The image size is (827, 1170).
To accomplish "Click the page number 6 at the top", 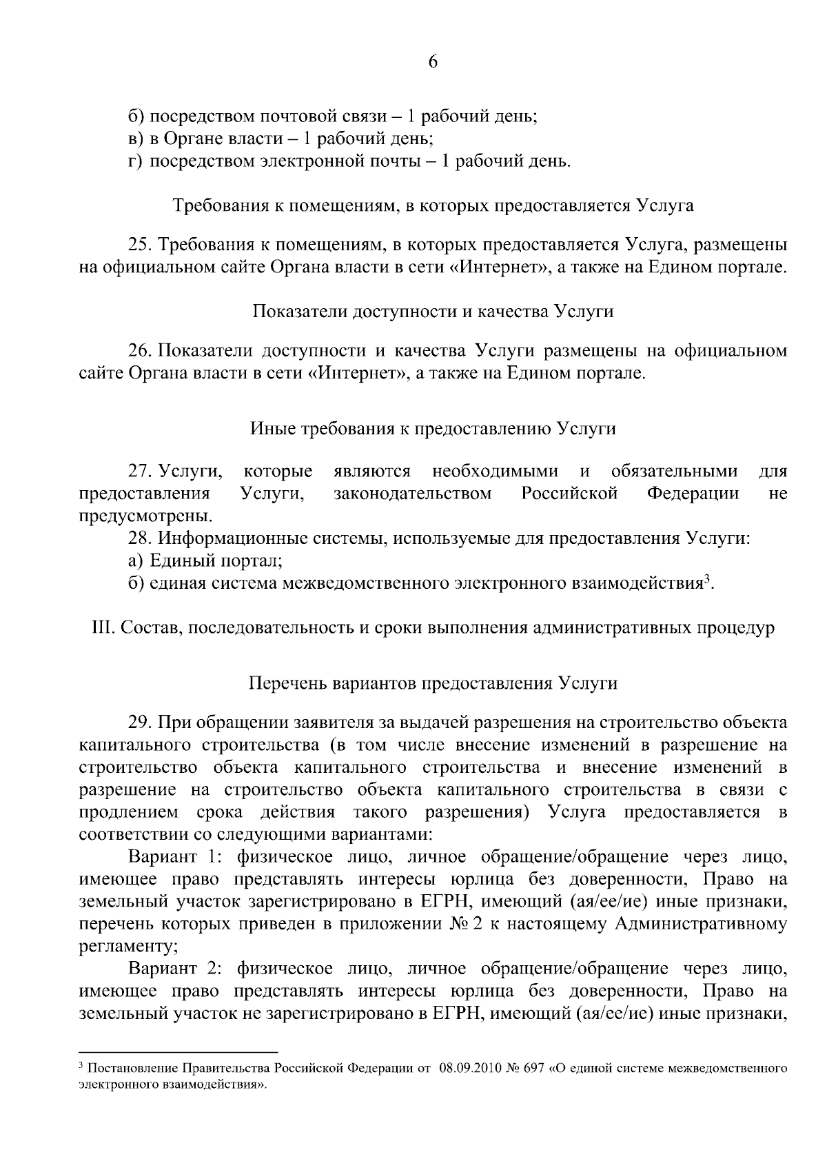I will coord(433,62).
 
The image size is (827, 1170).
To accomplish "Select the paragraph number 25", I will coord(139,245).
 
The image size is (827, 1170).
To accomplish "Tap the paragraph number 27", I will coord(139,472).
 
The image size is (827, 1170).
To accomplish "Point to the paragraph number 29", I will coord(139,723).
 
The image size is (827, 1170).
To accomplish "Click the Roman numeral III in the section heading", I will coord(102,628).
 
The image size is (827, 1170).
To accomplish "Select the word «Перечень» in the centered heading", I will coord(287,683).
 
